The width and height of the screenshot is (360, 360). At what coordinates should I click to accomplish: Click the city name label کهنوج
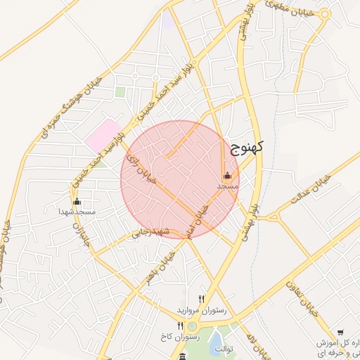tap(246, 147)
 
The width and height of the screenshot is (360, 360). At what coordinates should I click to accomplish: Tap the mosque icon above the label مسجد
tap(227, 176)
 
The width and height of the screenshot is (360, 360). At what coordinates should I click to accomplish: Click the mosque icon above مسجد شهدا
tap(77, 202)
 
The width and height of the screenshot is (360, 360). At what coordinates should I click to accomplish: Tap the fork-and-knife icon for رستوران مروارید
tap(202, 299)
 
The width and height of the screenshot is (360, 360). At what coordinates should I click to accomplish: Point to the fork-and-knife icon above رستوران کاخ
tap(181, 326)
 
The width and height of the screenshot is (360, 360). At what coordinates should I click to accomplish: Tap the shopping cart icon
tap(340, 333)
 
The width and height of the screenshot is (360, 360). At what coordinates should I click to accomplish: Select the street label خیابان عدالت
tap(312, 188)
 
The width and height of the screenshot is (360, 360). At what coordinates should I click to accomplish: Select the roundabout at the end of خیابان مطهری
tap(325, 14)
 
